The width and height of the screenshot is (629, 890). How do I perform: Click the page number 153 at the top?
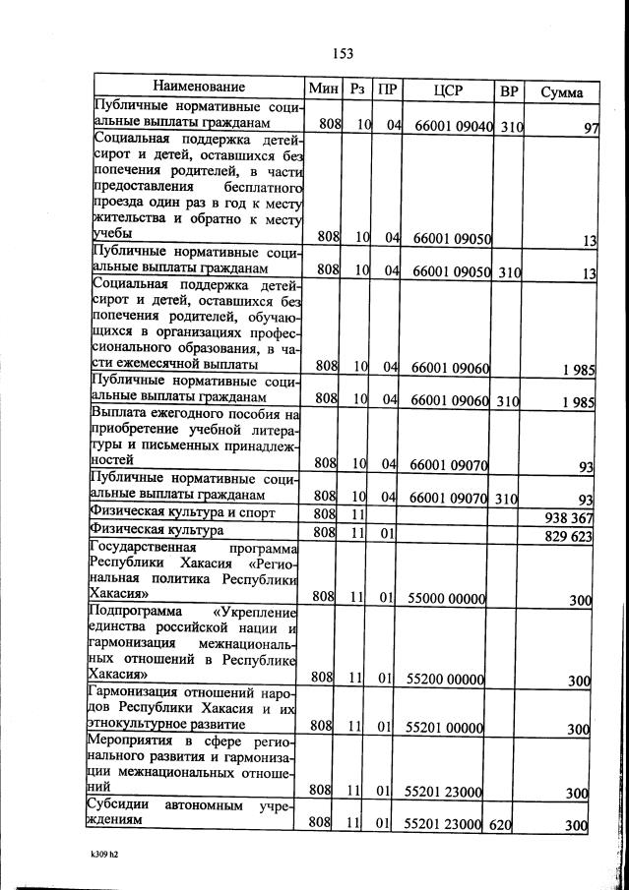click(x=343, y=53)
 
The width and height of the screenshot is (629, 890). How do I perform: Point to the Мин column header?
click(x=324, y=89)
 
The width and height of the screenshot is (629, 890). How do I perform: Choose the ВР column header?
click(x=509, y=90)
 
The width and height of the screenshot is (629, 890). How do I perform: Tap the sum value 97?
click(x=591, y=129)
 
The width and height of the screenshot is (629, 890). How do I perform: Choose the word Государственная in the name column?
click(x=144, y=548)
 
